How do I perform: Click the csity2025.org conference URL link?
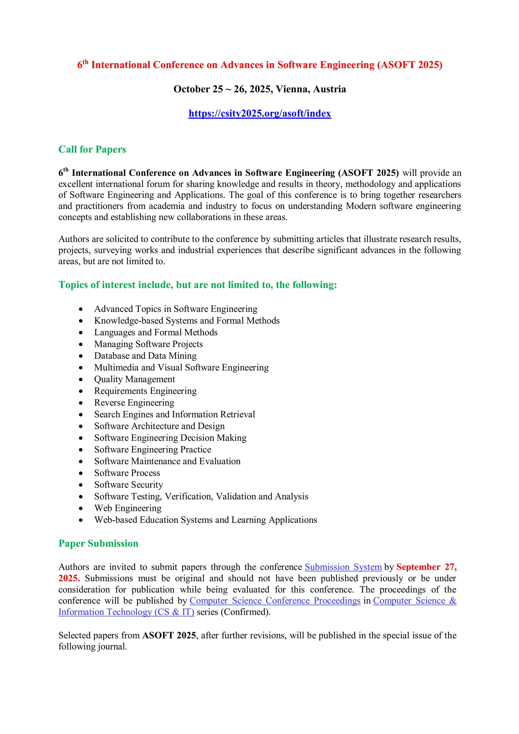[x=259, y=114]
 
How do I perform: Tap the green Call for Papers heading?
[x=92, y=149]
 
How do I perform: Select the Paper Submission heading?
[x=98, y=543]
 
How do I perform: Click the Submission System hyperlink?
[x=343, y=567]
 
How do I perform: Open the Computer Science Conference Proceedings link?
[x=275, y=601]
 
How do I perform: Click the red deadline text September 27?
[x=426, y=567]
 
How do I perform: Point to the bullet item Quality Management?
[x=134, y=379]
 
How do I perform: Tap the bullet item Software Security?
[x=128, y=485]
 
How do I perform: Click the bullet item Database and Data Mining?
[x=145, y=356]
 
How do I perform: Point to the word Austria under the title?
[x=329, y=89]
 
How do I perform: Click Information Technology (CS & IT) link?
[x=126, y=612]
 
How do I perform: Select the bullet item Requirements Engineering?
[x=145, y=391]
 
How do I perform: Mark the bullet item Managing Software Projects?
[x=148, y=344]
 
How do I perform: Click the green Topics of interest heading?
[x=197, y=285]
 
